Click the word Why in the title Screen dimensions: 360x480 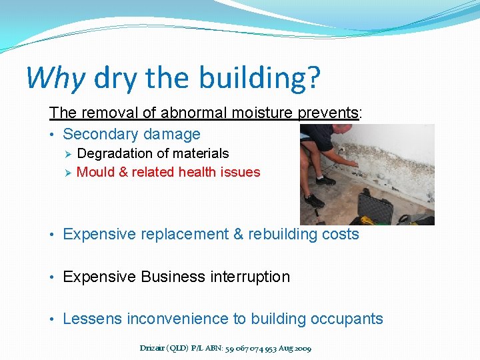tap(55, 78)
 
